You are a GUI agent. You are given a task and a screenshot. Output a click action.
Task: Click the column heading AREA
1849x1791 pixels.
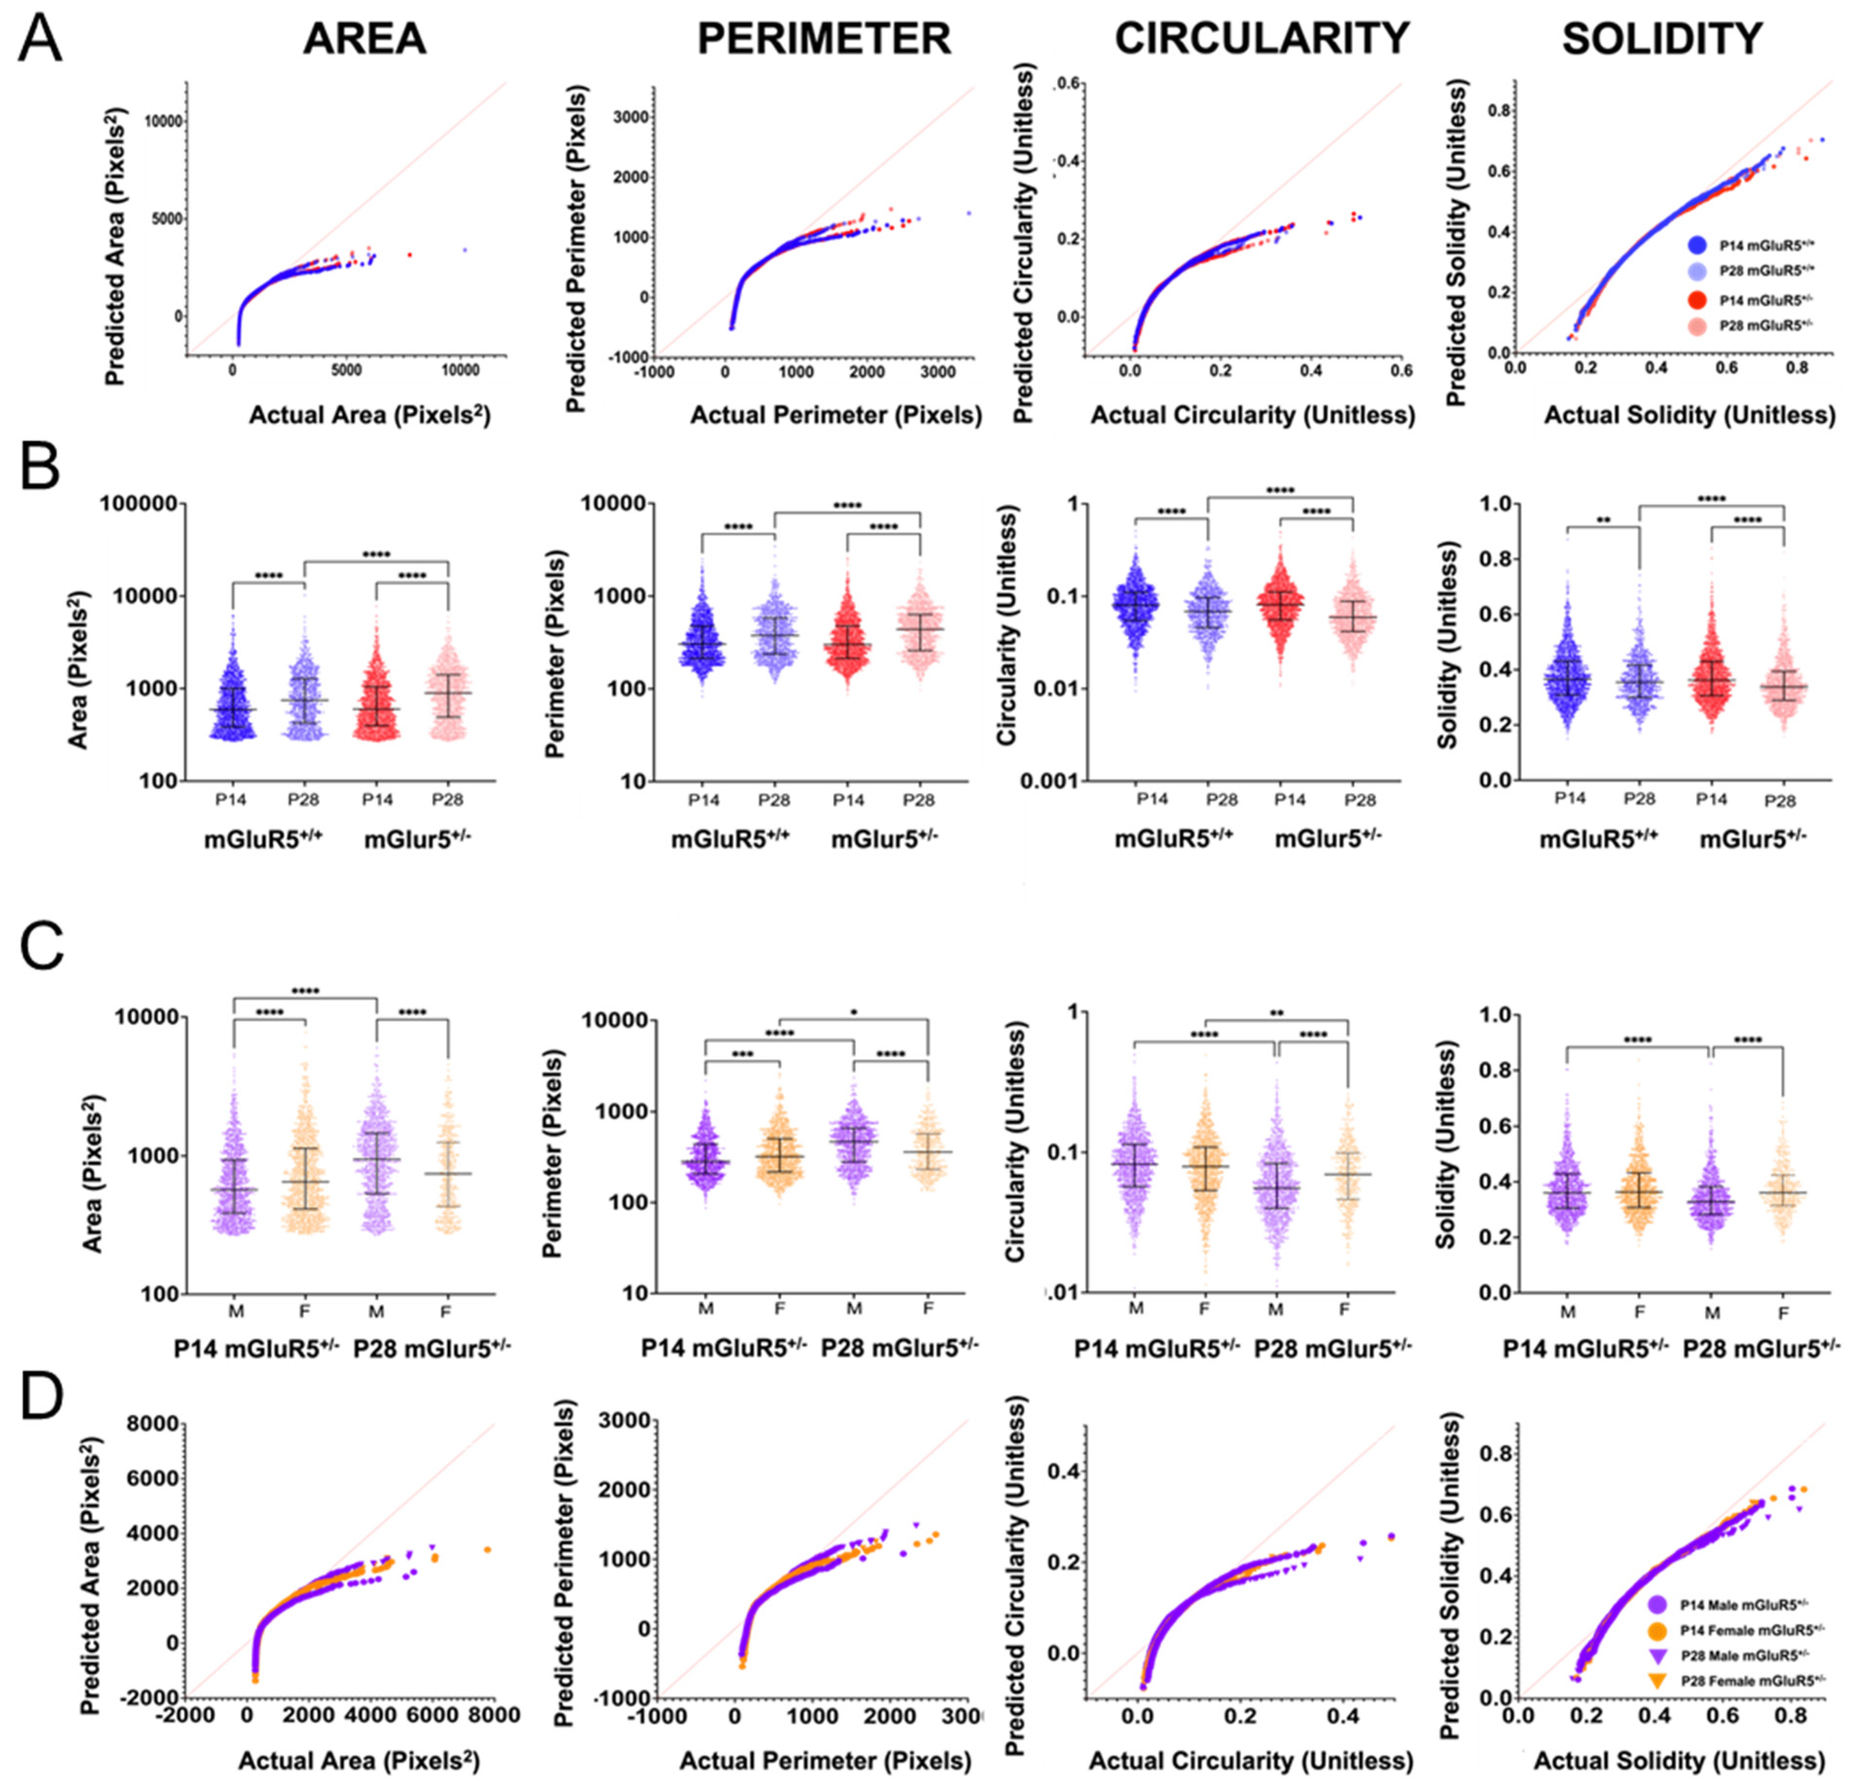pyautogui.click(x=364, y=39)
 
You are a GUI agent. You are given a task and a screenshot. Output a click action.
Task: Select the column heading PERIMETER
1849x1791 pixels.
pyautogui.click(x=824, y=39)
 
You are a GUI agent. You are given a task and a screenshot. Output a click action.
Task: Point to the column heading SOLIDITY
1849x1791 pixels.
pyautogui.click(x=1662, y=39)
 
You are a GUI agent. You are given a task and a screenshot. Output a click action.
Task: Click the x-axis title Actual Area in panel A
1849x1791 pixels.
pyautogui.click(x=369, y=415)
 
